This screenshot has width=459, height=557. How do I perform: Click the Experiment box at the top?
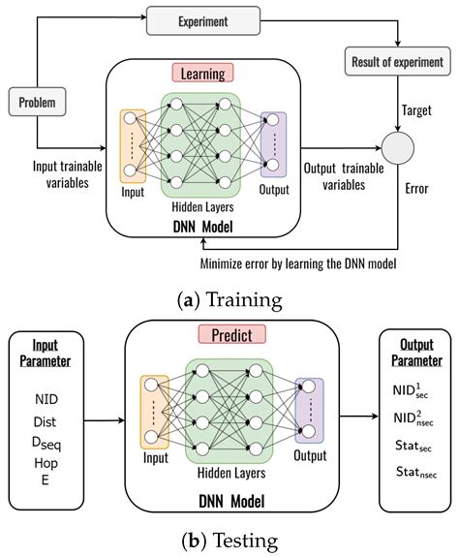(204, 18)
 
